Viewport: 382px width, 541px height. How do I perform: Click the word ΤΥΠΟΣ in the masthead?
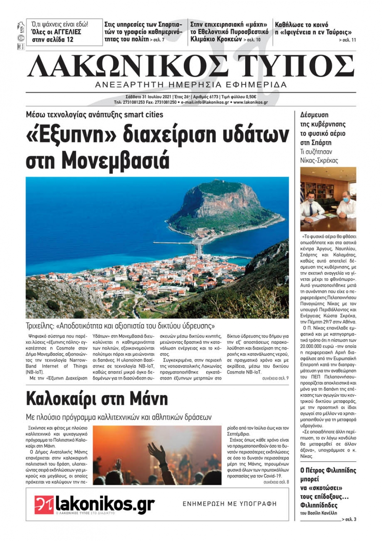298,66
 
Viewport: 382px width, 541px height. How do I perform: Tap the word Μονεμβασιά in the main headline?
115,161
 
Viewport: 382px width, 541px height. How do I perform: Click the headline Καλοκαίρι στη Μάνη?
97,399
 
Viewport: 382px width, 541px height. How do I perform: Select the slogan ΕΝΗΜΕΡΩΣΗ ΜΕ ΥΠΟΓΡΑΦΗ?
229,504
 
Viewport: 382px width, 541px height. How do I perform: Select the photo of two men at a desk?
328,199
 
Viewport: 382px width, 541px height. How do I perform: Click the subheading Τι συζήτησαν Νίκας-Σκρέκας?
319,156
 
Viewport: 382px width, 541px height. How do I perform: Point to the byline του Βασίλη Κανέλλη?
319,513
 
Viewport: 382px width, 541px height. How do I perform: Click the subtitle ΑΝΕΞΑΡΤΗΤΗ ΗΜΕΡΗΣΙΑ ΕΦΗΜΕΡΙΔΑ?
191,85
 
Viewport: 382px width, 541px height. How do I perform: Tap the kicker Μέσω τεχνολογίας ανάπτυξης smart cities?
94,114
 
